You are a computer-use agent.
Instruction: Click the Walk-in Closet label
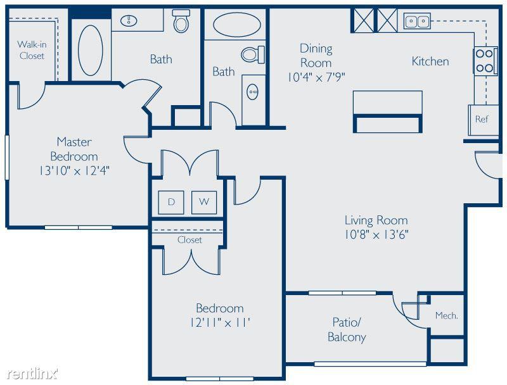(32, 50)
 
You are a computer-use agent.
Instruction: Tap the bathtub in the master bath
(91, 51)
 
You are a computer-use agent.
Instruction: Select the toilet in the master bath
(181, 20)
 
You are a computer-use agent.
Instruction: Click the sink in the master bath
(129, 21)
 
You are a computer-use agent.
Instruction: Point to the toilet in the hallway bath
(253, 54)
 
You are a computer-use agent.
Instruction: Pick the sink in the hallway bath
(252, 92)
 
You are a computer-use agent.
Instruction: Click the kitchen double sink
(417, 21)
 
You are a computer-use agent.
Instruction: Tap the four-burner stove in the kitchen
(485, 61)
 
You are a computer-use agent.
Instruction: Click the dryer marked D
(171, 203)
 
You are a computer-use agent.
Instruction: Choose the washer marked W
(204, 203)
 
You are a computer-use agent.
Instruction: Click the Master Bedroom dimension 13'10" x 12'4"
(74, 170)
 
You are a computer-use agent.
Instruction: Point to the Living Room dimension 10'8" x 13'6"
(376, 234)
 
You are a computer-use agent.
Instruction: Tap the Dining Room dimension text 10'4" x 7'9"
(316, 77)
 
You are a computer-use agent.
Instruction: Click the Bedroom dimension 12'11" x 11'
(220, 322)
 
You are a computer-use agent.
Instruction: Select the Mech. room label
(447, 315)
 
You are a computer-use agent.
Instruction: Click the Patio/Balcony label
(347, 329)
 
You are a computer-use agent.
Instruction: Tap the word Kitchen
(430, 61)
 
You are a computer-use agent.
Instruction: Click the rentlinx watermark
(32, 374)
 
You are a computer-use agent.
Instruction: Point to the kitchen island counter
(388, 111)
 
